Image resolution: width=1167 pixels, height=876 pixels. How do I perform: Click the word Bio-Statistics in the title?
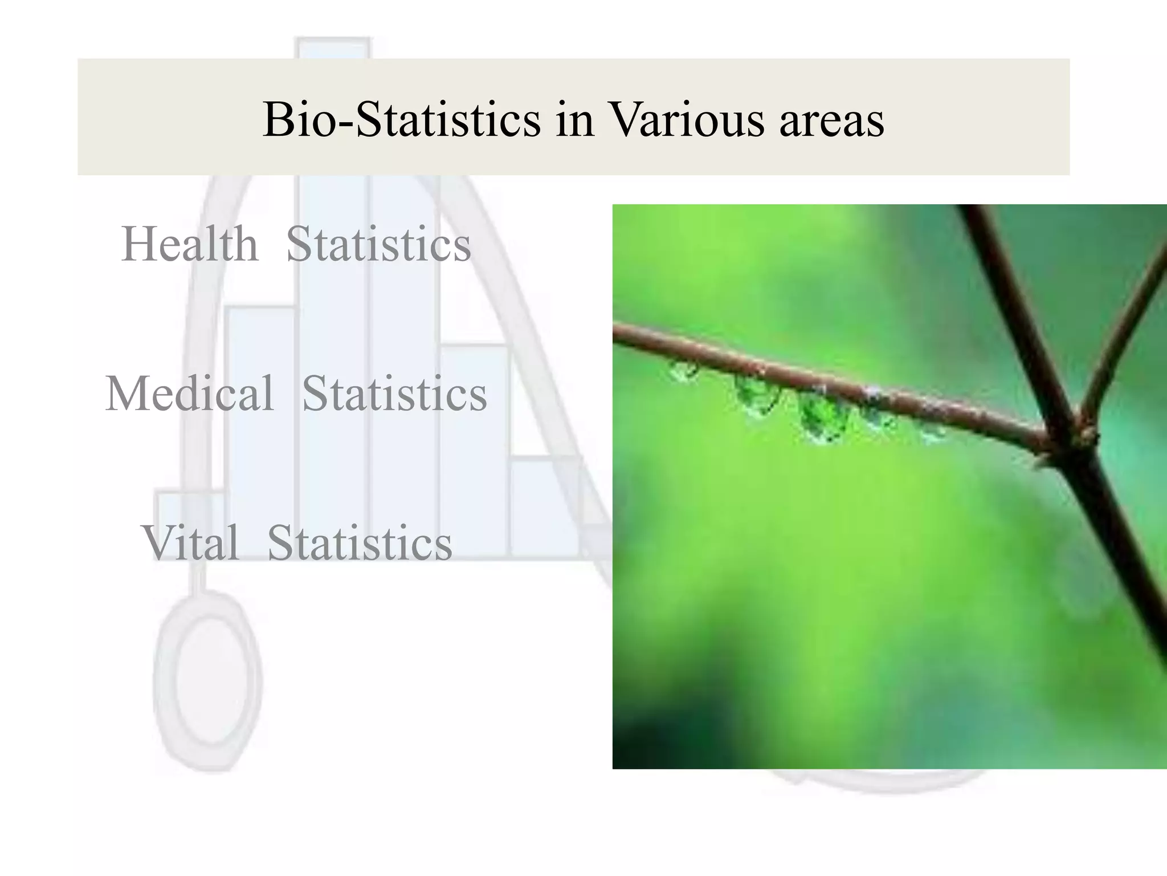(x=401, y=119)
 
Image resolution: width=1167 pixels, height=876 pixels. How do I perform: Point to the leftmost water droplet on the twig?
(x=683, y=372)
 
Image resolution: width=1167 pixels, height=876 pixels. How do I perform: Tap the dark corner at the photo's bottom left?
(x=633, y=747)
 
